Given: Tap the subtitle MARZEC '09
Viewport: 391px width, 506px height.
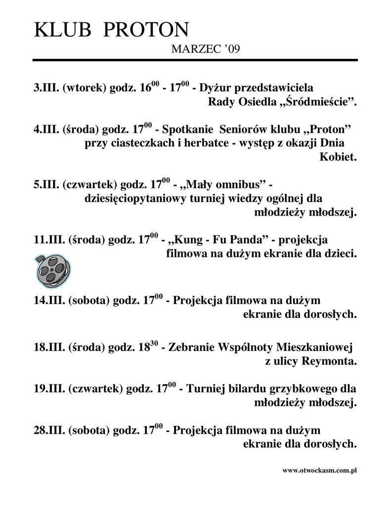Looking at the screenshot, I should pyautogui.click(x=205, y=49).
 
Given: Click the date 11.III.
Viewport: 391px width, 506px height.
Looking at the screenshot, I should pyautogui.click(x=49, y=241).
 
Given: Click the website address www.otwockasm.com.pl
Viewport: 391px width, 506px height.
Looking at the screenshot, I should pyautogui.click(x=319, y=470).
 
